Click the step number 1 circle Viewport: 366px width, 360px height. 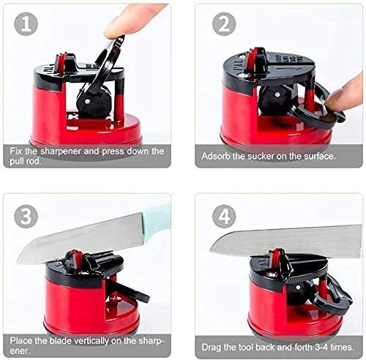pos(26,26)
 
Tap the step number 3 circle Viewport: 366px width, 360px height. pos(26,217)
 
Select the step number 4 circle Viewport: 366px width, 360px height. pos(223,217)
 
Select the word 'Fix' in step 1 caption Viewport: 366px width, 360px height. pos(18,150)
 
